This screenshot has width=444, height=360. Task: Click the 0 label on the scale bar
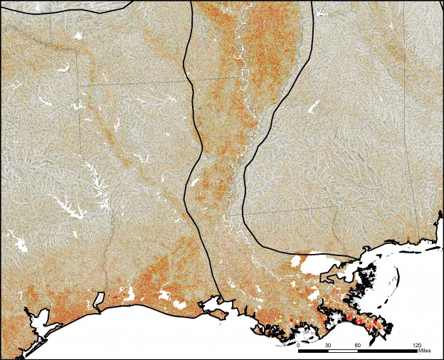298,345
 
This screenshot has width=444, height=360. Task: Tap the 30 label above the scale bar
328,345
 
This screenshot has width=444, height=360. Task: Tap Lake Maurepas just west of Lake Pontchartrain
295,264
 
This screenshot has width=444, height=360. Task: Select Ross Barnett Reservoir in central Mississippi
312,107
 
